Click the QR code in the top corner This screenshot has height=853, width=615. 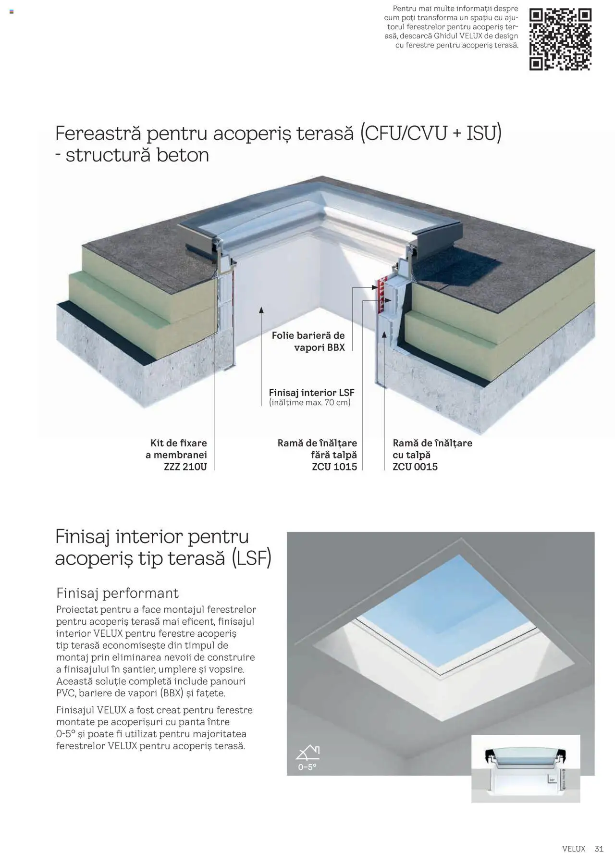(560, 39)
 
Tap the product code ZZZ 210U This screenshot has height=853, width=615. (185, 467)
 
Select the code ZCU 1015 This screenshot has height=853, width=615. (334, 467)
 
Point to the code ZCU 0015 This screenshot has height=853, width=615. (415, 467)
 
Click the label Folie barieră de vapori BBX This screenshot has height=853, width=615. (308, 341)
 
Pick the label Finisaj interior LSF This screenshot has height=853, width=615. (311, 392)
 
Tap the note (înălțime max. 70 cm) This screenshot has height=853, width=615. (310, 403)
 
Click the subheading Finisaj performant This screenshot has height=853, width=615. (117, 593)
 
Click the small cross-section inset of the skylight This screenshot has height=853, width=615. (526, 768)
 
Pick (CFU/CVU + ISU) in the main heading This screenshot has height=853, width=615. (431, 133)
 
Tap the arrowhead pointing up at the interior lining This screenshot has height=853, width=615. (261, 310)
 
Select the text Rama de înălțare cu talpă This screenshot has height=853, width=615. (432, 449)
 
